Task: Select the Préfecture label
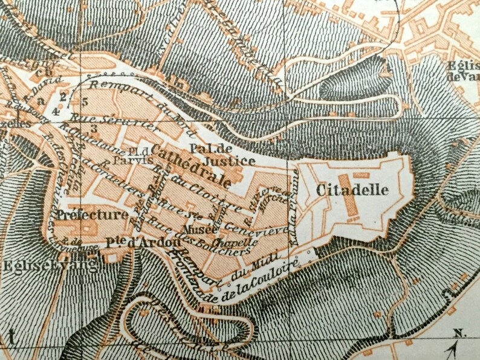(x=93, y=214)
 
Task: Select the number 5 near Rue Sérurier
(x=85, y=101)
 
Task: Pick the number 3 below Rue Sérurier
(x=94, y=128)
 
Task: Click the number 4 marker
(x=56, y=112)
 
